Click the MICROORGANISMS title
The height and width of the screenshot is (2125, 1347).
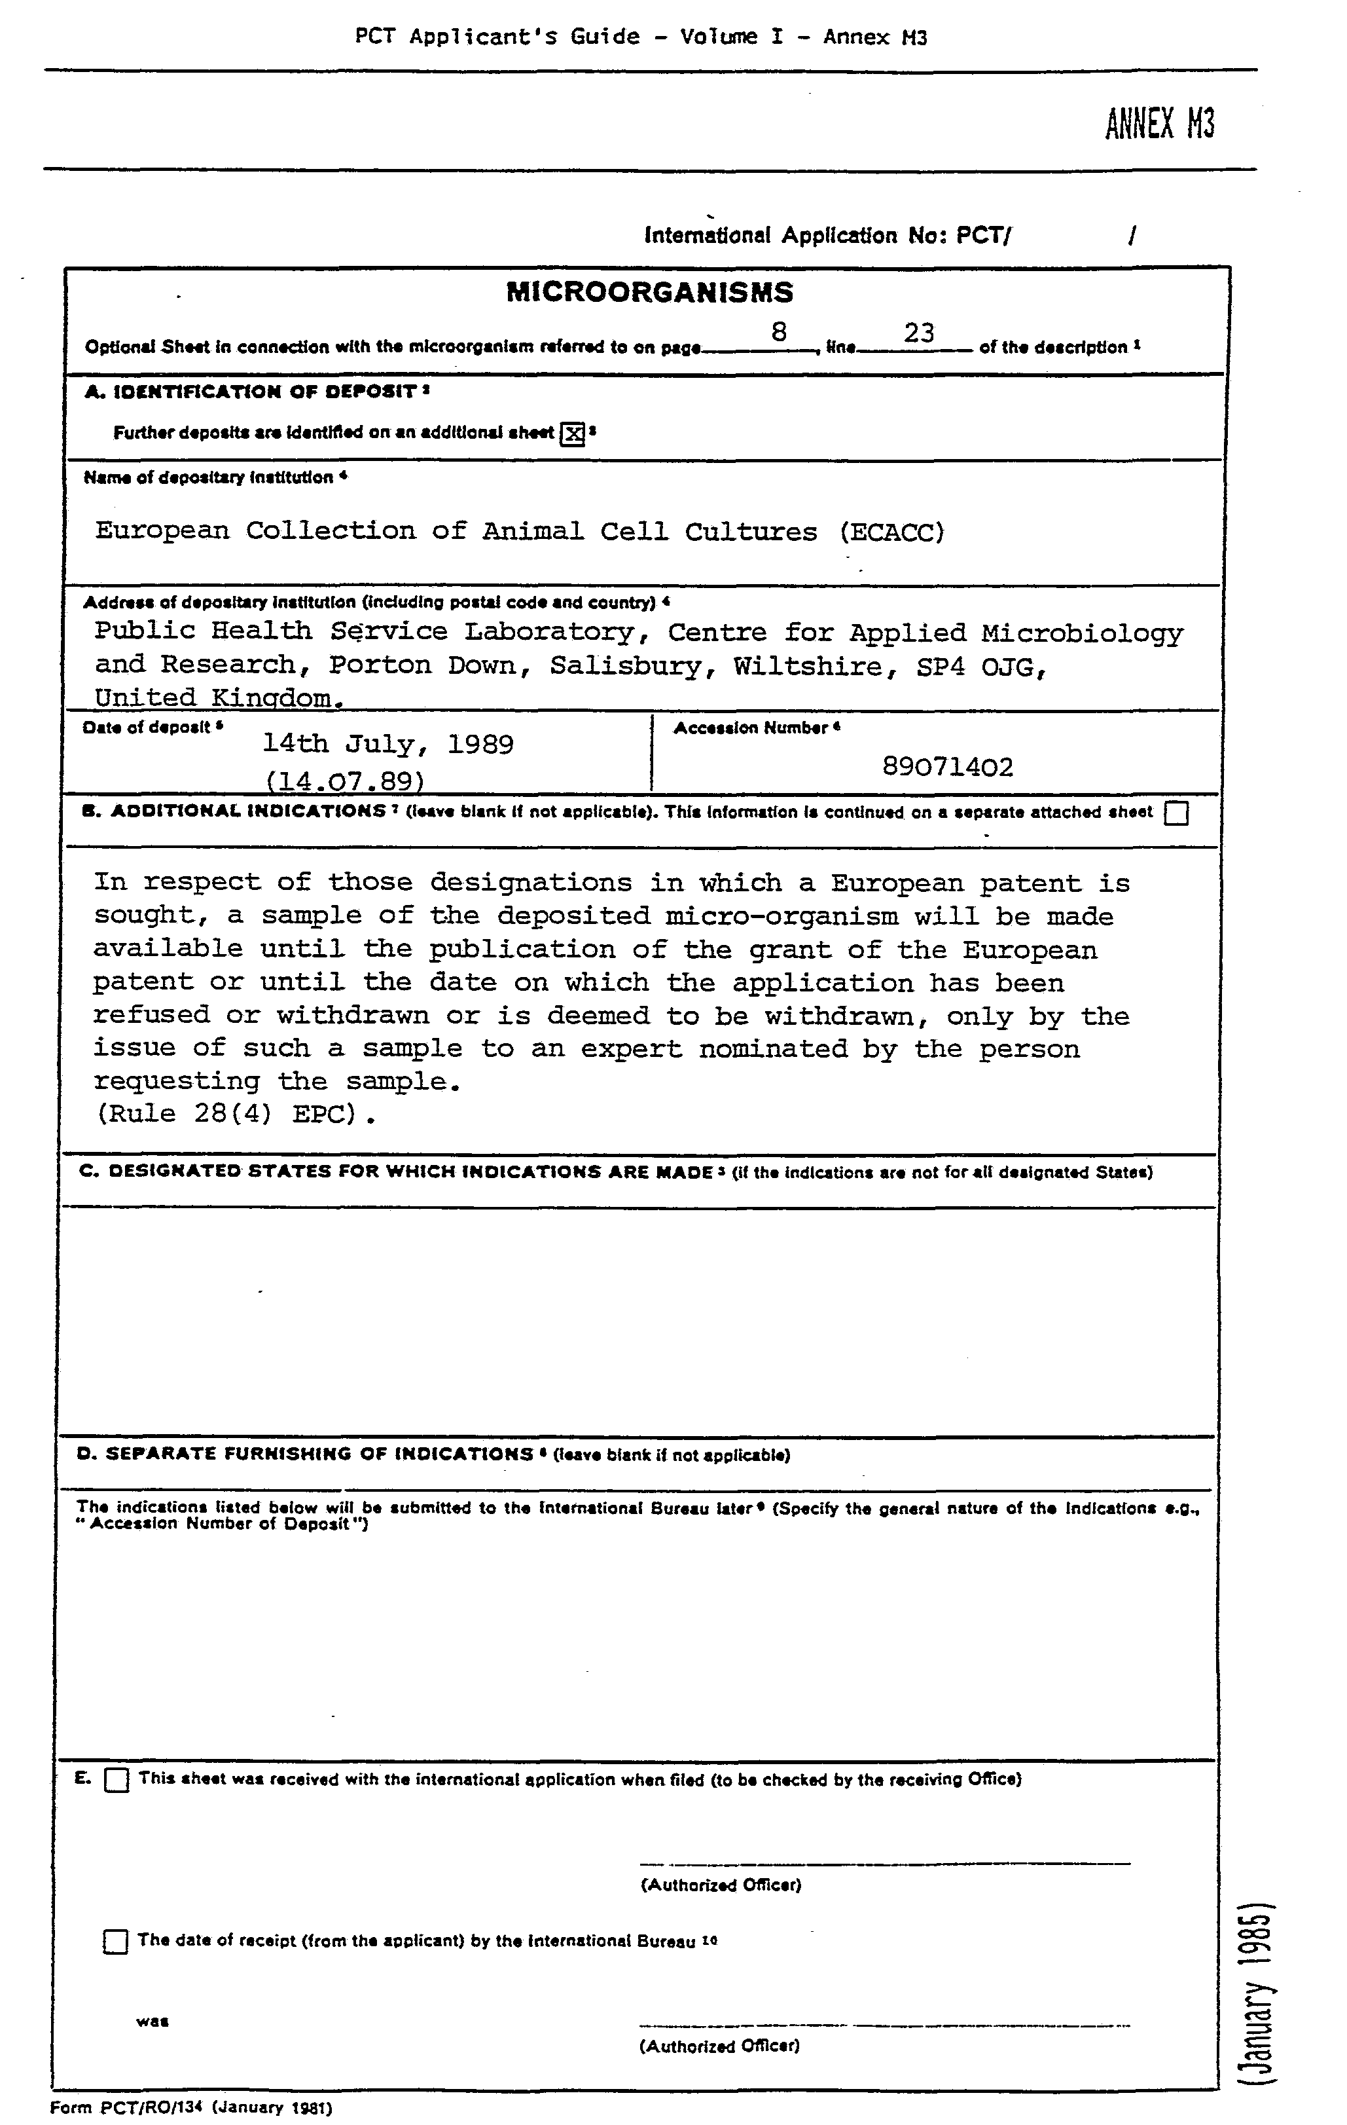click(x=649, y=292)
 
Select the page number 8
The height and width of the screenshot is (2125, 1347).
click(x=778, y=332)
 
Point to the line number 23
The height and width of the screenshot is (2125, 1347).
click(x=918, y=332)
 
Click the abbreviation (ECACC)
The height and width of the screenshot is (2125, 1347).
click(x=892, y=532)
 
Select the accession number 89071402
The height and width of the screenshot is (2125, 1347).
click(x=947, y=766)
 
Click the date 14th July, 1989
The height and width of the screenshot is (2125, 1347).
click(x=388, y=744)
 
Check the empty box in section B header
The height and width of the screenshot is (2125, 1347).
click(x=1176, y=813)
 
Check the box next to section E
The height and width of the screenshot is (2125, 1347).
click(x=117, y=1780)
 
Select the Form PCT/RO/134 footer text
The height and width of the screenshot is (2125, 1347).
click(x=190, y=2108)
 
